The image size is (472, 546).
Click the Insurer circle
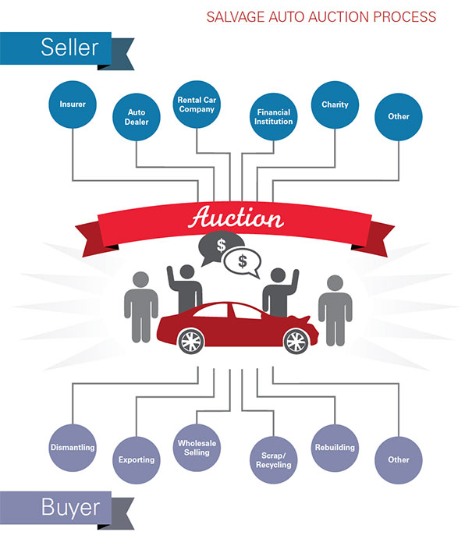click(x=72, y=104)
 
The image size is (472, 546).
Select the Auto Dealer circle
click(x=137, y=117)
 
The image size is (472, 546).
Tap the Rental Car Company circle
click(x=197, y=104)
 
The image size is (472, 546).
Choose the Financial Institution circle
click(x=273, y=117)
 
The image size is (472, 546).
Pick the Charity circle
click(x=335, y=104)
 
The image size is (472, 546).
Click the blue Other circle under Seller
click(x=399, y=117)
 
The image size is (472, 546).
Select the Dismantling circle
click(x=72, y=448)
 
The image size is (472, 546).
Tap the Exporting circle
click(x=137, y=460)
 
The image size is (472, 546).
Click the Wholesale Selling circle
click(x=197, y=448)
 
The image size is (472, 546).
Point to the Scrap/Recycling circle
click(x=273, y=460)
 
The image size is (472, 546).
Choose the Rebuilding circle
click(x=335, y=448)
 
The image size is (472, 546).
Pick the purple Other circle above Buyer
click(x=399, y=459)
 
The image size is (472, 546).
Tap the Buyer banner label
click(x=71, y=509)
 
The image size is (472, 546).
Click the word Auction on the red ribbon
click(x=236, y=218)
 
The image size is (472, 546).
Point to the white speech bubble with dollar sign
click(x=243, y=262)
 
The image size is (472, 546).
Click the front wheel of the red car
click(x=294, y=339)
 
